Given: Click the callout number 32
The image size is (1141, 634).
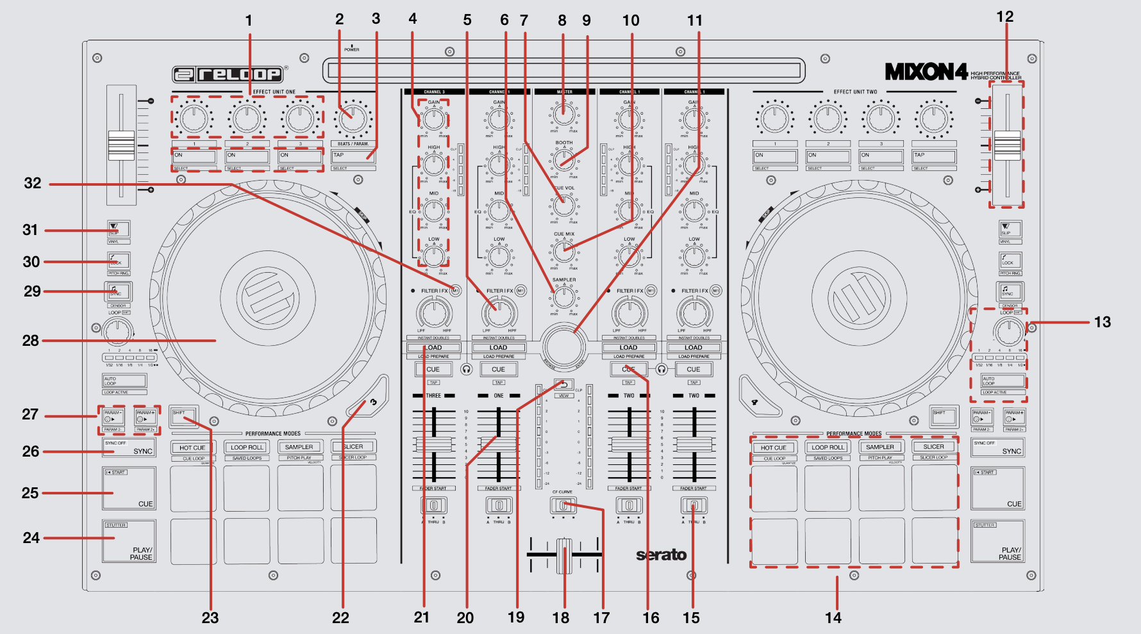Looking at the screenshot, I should pyautogui.click(x=33, y=184).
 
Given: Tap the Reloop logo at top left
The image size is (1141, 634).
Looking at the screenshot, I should pyautogui.click(x=228, y=74).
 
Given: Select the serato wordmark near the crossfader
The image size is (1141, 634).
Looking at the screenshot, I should pyautogui.click(x=661, y=555).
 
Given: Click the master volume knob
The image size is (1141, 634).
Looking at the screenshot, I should pyautogui.click(x=564, y=113).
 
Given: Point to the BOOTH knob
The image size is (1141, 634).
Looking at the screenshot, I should pyautogui.click(x=564, y=159).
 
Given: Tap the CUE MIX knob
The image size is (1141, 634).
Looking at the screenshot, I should pyautogui.click(x=564, y=251).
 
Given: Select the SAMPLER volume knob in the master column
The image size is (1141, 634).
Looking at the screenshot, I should pyautogui.click(x=564, y=297).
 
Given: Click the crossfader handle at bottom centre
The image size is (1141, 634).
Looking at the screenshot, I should pyautogui.click(x=564, y=555).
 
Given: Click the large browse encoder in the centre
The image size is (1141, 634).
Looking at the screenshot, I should pyautogui.click(x=564, y=346).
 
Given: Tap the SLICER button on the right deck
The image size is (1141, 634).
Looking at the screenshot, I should pyautogui.click(x=933, y=447).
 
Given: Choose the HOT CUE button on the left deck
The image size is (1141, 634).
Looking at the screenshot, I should pyautogui.click(x=192, y=448).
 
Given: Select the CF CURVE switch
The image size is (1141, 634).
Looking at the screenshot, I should pyautogui.click(x=563, y=505).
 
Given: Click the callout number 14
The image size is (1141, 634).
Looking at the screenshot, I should pyautogui.click(x=833, y=618).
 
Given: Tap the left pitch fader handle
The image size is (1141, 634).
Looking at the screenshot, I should pyautogui.click(x=121, y=145).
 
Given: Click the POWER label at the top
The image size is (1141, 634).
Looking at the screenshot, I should pyautogui.click(x=352, y=49).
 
